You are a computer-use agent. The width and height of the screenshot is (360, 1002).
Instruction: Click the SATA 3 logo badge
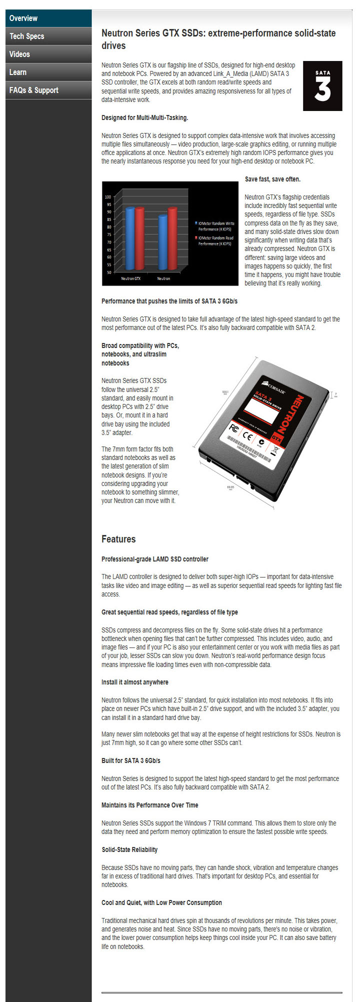click(x=322, y=86)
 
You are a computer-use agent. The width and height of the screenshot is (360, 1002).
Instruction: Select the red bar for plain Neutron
click(x=172, y=239)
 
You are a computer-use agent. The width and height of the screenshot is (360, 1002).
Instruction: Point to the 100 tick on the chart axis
click(x=108, y=197)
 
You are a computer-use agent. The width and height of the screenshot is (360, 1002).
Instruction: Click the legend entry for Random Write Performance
click(x=215, y=226)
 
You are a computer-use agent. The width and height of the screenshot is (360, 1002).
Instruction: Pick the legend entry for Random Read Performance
click(x=215, y=240)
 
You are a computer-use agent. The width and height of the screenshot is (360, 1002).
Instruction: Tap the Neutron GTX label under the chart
click(x=131, y=278)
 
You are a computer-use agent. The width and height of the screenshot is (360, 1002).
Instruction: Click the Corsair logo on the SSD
click(x=274, y=387)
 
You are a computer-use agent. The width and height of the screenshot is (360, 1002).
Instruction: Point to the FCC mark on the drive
click(x=233, y=428)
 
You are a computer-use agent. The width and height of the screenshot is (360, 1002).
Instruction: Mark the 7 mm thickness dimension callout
click(x=335, y=394)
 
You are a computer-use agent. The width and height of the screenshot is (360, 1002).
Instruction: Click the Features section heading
click(x=118, y=539)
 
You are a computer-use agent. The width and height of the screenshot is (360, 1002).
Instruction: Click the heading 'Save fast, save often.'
click(x=272, y=179)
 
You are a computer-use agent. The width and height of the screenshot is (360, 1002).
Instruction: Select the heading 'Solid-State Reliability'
click(x=129, y=849)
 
